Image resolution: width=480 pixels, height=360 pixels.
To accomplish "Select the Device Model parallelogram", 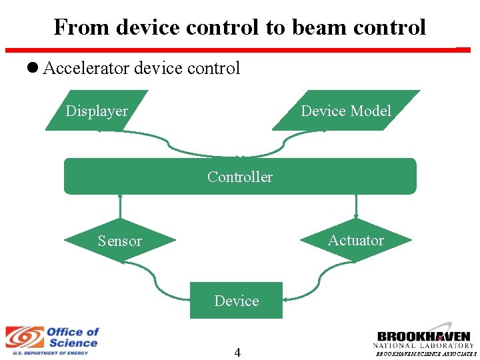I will click(346, 111).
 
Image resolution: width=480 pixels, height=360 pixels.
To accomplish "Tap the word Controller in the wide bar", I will click(240, 177).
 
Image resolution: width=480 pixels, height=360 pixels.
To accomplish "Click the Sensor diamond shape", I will click(120, 241).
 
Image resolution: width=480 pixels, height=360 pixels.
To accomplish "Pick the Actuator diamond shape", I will click(356, 240).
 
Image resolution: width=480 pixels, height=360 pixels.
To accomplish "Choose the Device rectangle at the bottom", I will click(237, 301).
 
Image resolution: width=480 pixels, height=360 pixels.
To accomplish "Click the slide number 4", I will click(237, 353).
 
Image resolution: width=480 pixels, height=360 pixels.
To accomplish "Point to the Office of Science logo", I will click(52, 341).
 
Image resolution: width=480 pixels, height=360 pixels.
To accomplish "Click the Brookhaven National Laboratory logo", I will click(424, 340).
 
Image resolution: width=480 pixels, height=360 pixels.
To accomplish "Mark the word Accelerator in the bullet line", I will click(86, 68).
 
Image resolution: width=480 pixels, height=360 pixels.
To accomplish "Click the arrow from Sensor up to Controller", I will click(121, 207).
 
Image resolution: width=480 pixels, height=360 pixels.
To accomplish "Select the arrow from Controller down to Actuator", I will click(356, 207).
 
